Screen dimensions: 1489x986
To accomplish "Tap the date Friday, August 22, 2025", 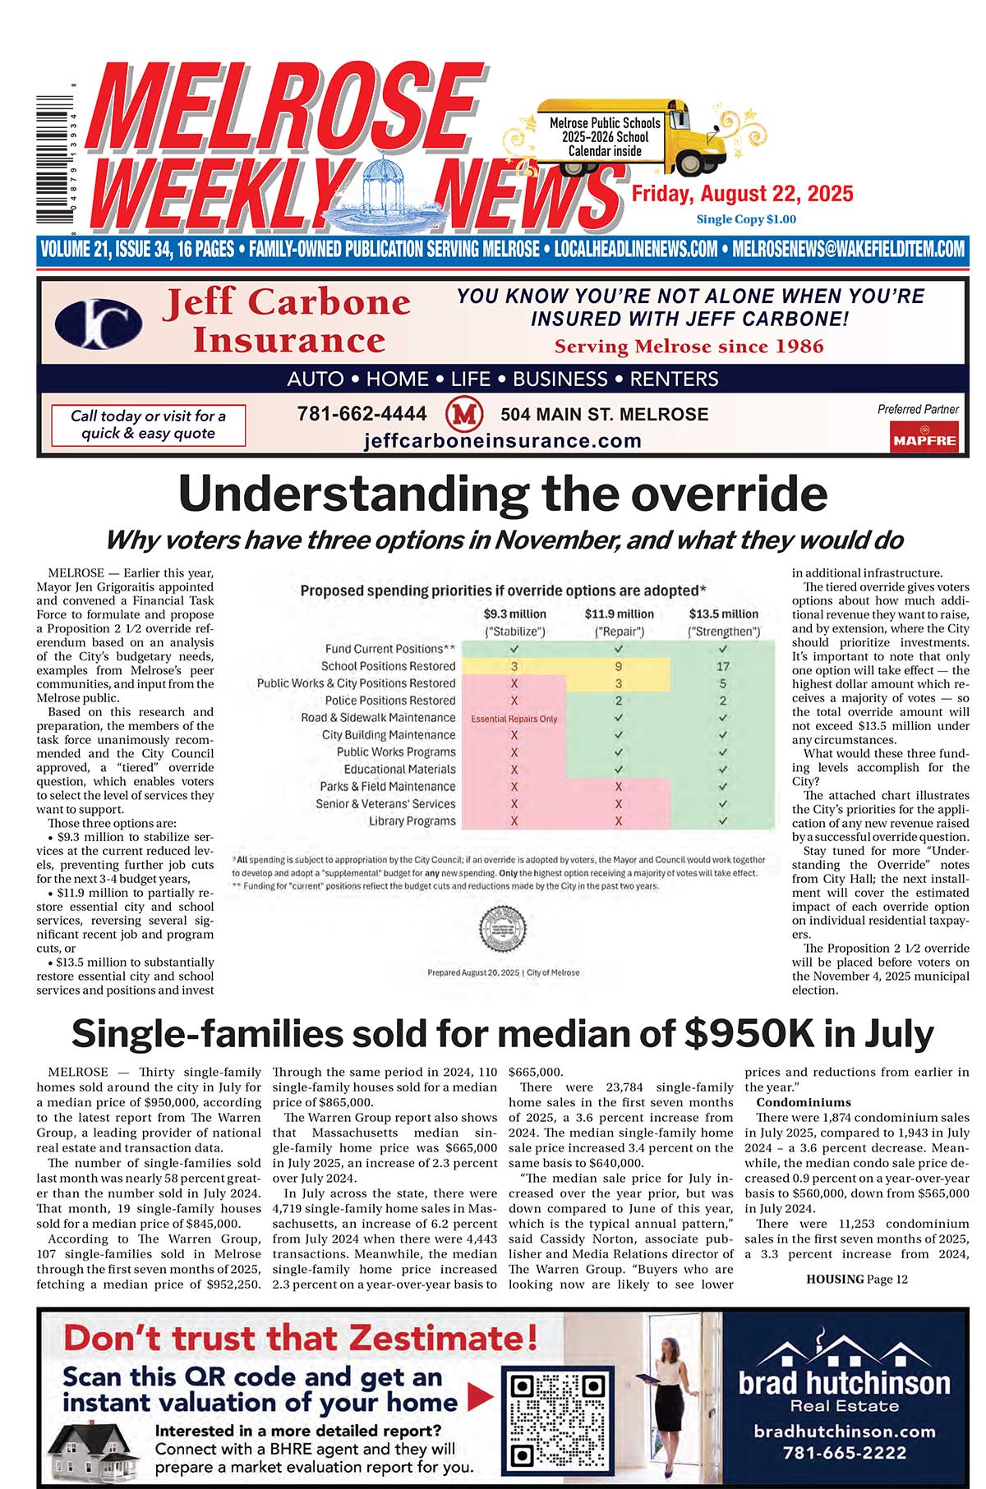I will coord(742,195).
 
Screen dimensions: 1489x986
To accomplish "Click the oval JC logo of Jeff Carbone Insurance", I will coord(98,323).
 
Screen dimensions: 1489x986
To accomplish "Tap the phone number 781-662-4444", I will coord(362,414).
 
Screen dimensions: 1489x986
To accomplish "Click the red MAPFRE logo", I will coord(924,437).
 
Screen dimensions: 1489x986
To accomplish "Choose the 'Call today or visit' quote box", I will coord(148,425).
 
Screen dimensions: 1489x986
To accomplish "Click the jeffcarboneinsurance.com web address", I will coord(502,441).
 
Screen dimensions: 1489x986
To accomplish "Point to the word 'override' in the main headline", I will coord(707,494).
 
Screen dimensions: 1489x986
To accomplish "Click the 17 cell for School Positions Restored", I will coord(722,666).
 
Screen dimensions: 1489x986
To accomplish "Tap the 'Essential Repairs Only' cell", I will coord(514,719).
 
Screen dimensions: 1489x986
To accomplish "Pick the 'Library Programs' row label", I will coord(412,820).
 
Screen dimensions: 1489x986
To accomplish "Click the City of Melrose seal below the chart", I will coord(503,930).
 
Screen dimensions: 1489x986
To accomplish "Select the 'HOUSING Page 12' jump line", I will coord(856,1279).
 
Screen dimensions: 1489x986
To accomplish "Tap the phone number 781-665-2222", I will coord(844,1453).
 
